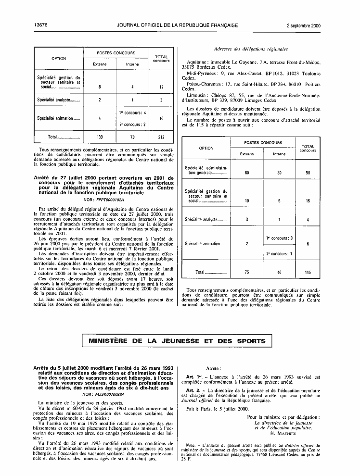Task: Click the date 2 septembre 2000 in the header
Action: pos(304,25)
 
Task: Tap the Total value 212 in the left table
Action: pos(161,137)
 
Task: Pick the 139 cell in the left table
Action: pos(100,137)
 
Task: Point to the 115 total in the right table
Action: pos(308,272)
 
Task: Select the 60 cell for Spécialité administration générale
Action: pos(247,172)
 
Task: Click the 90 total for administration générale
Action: pos(308,172)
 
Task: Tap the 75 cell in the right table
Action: pos(247,272)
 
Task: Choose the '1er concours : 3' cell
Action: pos(279,238)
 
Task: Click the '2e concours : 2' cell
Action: pos(132,124)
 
